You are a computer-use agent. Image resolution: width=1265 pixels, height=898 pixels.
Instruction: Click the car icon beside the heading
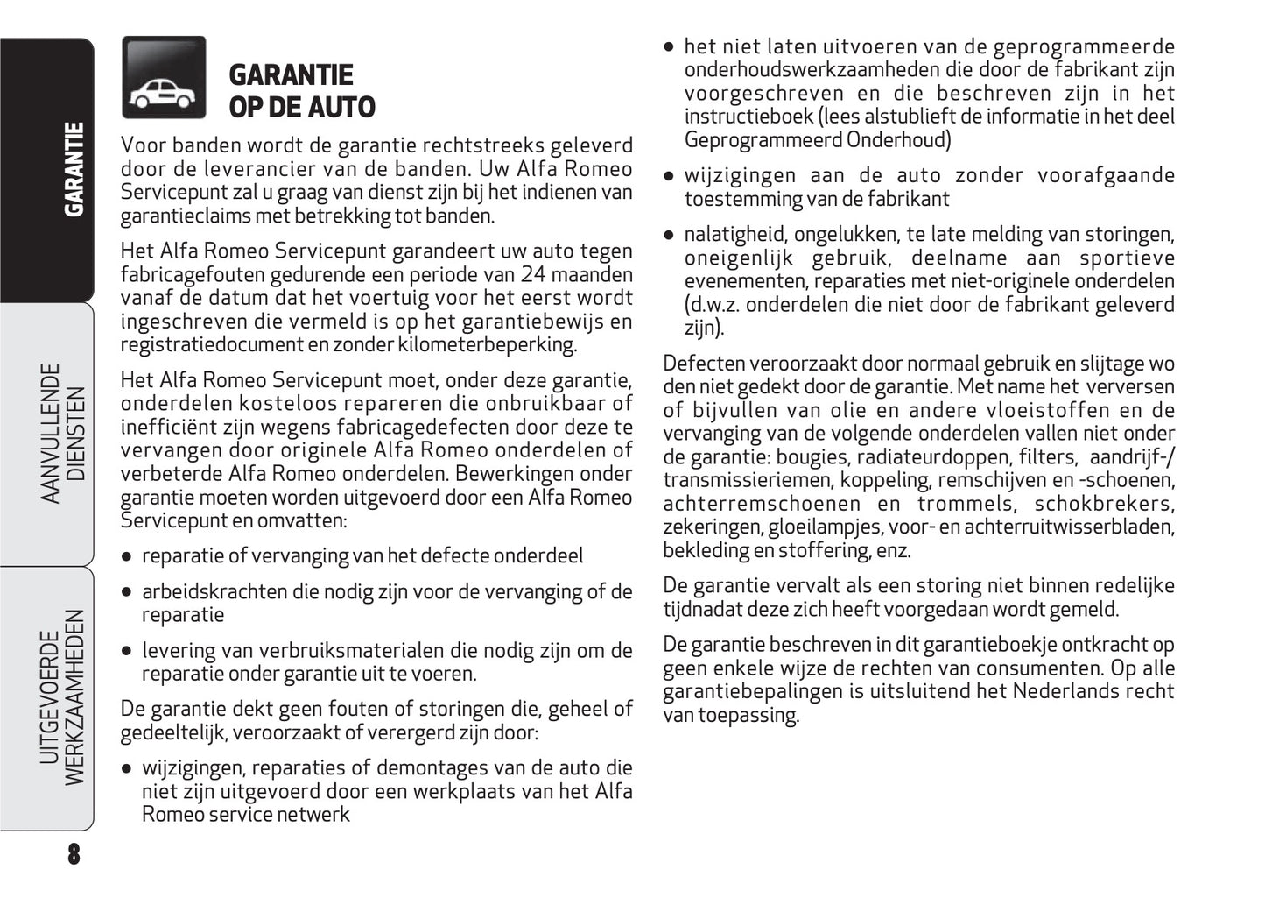(164, 78)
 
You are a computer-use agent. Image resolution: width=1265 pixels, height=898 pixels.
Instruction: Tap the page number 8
(74, 854)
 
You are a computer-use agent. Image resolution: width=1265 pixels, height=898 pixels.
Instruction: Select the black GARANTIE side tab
(74, 170)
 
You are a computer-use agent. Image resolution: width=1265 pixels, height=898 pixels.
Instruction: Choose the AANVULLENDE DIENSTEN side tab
(63, 434)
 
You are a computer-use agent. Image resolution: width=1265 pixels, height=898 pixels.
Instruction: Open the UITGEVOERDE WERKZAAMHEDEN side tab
(62, 697)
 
